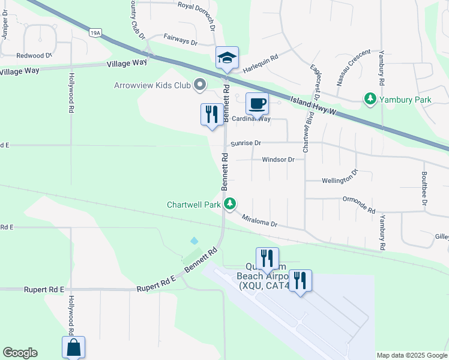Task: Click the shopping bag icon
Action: pos(73,347)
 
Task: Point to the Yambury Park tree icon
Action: pos(371,98)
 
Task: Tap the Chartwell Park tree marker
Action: pos(230,205)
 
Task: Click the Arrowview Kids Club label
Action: pos(152,85)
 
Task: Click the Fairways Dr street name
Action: pos(180,42)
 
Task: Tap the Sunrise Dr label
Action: pos(246,143)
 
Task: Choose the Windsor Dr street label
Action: pos(278,160)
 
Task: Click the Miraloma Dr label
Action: pos(259,221)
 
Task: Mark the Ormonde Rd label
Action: pos(358,204)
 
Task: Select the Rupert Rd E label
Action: pos(44,289)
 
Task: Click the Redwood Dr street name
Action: pos(34,55)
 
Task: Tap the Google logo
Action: pos(20,353)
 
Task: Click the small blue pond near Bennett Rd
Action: pos(194,241)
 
